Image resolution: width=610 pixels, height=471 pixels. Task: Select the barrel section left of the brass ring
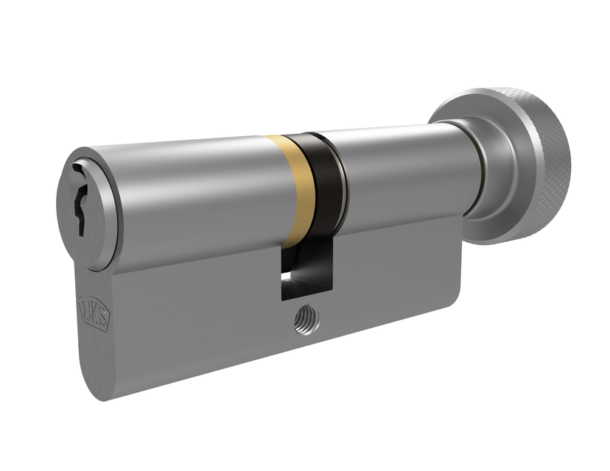pos(192,191)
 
